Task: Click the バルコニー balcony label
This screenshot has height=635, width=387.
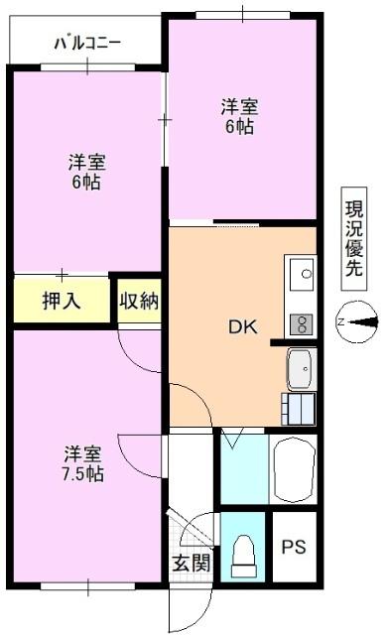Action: [86, 44]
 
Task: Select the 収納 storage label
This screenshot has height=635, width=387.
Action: [138, 300]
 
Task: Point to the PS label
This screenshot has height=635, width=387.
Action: [293, 548]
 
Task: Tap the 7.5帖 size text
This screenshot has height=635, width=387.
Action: [83, 474]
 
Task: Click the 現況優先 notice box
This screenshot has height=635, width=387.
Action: [353, 237]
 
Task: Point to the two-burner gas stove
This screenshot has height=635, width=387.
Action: [301, 321]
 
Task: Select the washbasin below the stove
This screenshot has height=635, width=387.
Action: [301, 369]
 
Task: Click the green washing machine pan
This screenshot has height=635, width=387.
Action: [299, 408]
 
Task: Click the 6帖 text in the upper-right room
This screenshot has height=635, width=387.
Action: [237, 127]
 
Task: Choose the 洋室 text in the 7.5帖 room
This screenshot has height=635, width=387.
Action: [83, 454]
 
